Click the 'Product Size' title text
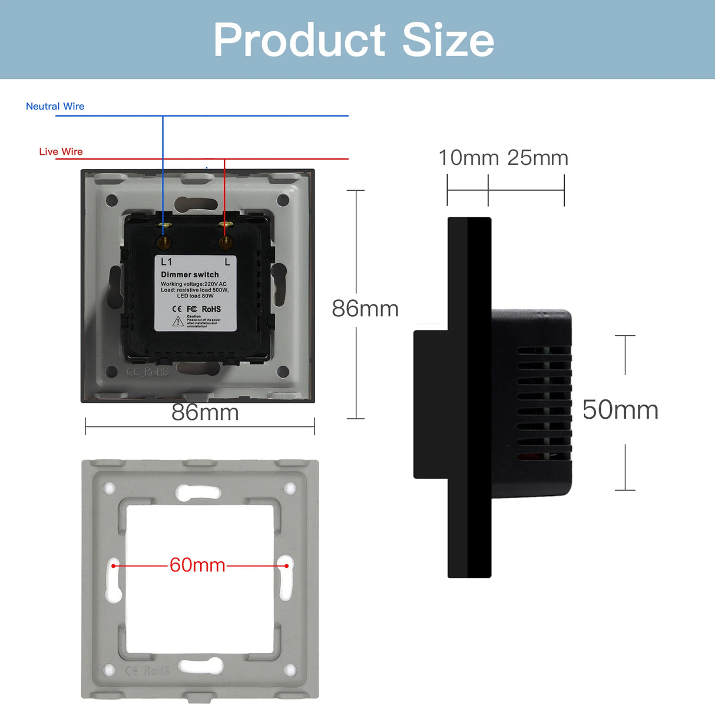pyautogui.click(x=353, y=40)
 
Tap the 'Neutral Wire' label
pyautogui.click(x=55, y=107)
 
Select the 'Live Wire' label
pyautogui.click(x=61, y=152)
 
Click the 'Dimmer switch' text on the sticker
pyautogui.click(x=190, y=274)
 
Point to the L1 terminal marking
pyautogui.click(x=167, y=261)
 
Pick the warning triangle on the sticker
pyautogui.click(x=178, y=322)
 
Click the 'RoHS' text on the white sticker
pyautogui.click(x=211, y=309)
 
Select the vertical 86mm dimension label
pyautogui.click(x=365, y=309)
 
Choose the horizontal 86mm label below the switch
pyautogui.click(x=205, y=412)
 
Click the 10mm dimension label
pyautogui.click(x=468, y=158)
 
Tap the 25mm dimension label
pyautogui.click(x=538, y=158)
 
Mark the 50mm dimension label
pyautogui.click(x=620, y=410)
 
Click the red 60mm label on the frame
pyautogui.click(x=197, y=565)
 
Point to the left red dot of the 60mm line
pyautogui.click(x=114, y=565)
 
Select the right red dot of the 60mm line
pyautogui.click(x=287, y=565)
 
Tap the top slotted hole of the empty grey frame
pyautogui.click(x=199, y=492)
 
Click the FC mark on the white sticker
pyautogui.click(x=192, y=309)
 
